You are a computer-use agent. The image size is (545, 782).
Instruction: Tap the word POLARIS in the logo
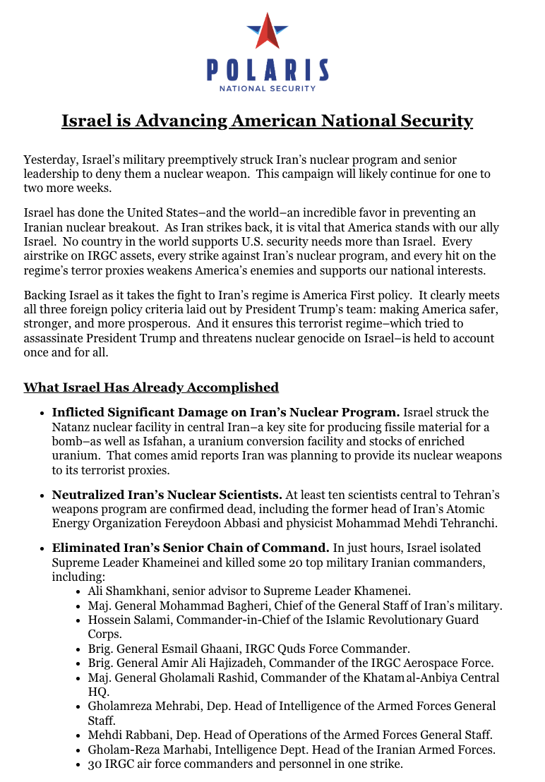point(267,69)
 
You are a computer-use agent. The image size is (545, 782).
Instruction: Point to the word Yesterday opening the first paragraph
point(52,160)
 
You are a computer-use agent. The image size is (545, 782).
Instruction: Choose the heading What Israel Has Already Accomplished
point(151,387)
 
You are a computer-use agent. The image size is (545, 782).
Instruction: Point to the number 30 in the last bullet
point(95,764)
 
